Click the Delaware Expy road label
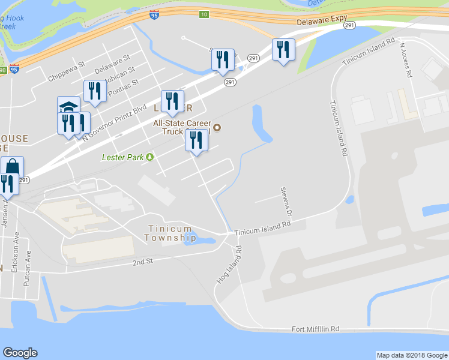click(322, 20)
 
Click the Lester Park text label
click(122, 157)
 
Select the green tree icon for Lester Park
click(149, 157)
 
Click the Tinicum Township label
click(170, 233)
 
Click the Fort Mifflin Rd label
click(316, 329)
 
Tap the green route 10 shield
click(204, 14)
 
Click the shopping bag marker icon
click(12, 166)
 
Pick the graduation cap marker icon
click(68, 106)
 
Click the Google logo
click(20, 353)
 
